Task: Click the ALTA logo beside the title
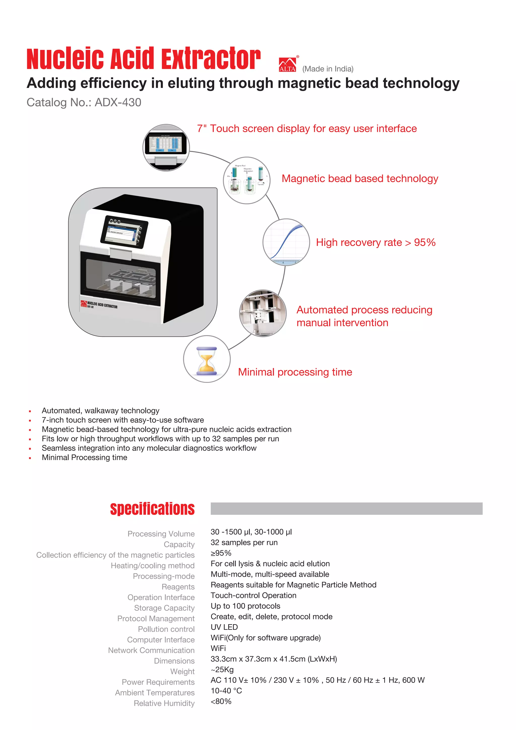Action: (x=287, y=65)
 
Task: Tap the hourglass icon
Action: (x=207, y=359)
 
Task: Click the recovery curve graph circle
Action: (x=286, y=242)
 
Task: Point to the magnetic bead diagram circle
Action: (x=247, y=180)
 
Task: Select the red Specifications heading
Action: (x=152, y=509)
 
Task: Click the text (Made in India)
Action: (x=328, y=69)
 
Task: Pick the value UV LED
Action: (x=224, y=627)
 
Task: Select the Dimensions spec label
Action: (x=174, y=661)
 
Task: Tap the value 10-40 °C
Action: (x=226, y=691)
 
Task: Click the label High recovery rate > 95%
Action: (x=376, y=242)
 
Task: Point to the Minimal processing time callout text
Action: (x=295, y=372)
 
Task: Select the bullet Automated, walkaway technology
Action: (x=101, y=410)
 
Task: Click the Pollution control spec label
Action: (x=166, y=629)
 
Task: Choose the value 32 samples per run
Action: (x=244, y=542)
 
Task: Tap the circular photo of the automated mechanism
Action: (x=263, y=313)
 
